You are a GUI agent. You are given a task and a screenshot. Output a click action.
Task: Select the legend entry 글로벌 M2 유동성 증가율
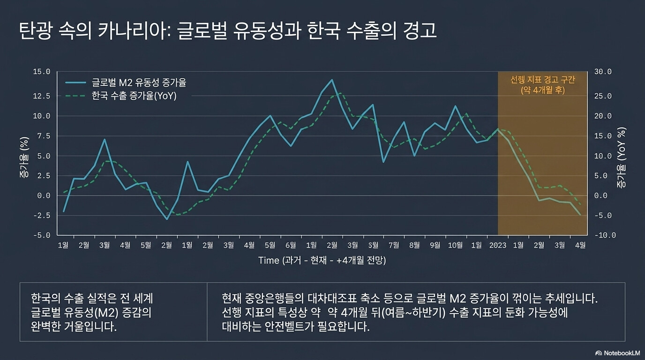[x=139, y=83]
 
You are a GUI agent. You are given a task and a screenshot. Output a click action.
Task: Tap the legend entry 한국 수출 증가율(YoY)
[x=134, y=97]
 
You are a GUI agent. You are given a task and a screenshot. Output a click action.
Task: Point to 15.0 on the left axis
[x=41, y=72]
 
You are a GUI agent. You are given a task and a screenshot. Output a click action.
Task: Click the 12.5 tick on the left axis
[x=41, y=96]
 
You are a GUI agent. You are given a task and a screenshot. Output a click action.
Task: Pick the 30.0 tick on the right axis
[x=603, y=72]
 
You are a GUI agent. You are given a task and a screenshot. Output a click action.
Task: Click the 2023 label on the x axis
[x=498, y=245]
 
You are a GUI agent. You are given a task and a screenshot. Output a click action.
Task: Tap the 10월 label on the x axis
[x=455, y=245]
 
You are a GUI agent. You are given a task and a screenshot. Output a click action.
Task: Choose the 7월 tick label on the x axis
[x=394, y=245]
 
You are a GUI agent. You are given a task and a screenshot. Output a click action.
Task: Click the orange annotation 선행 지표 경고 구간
[x=542, y=80]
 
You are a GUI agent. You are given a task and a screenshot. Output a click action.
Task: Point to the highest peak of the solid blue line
[x=332, y=80]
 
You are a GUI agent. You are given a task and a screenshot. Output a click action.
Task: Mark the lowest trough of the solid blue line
[x=166, y=219]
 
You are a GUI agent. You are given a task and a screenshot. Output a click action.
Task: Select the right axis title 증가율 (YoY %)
[x=622, y=157]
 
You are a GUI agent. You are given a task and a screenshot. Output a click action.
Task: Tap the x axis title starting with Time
[x=322, y=260]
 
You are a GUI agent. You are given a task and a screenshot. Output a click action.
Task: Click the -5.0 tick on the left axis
[x=41, y=235]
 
